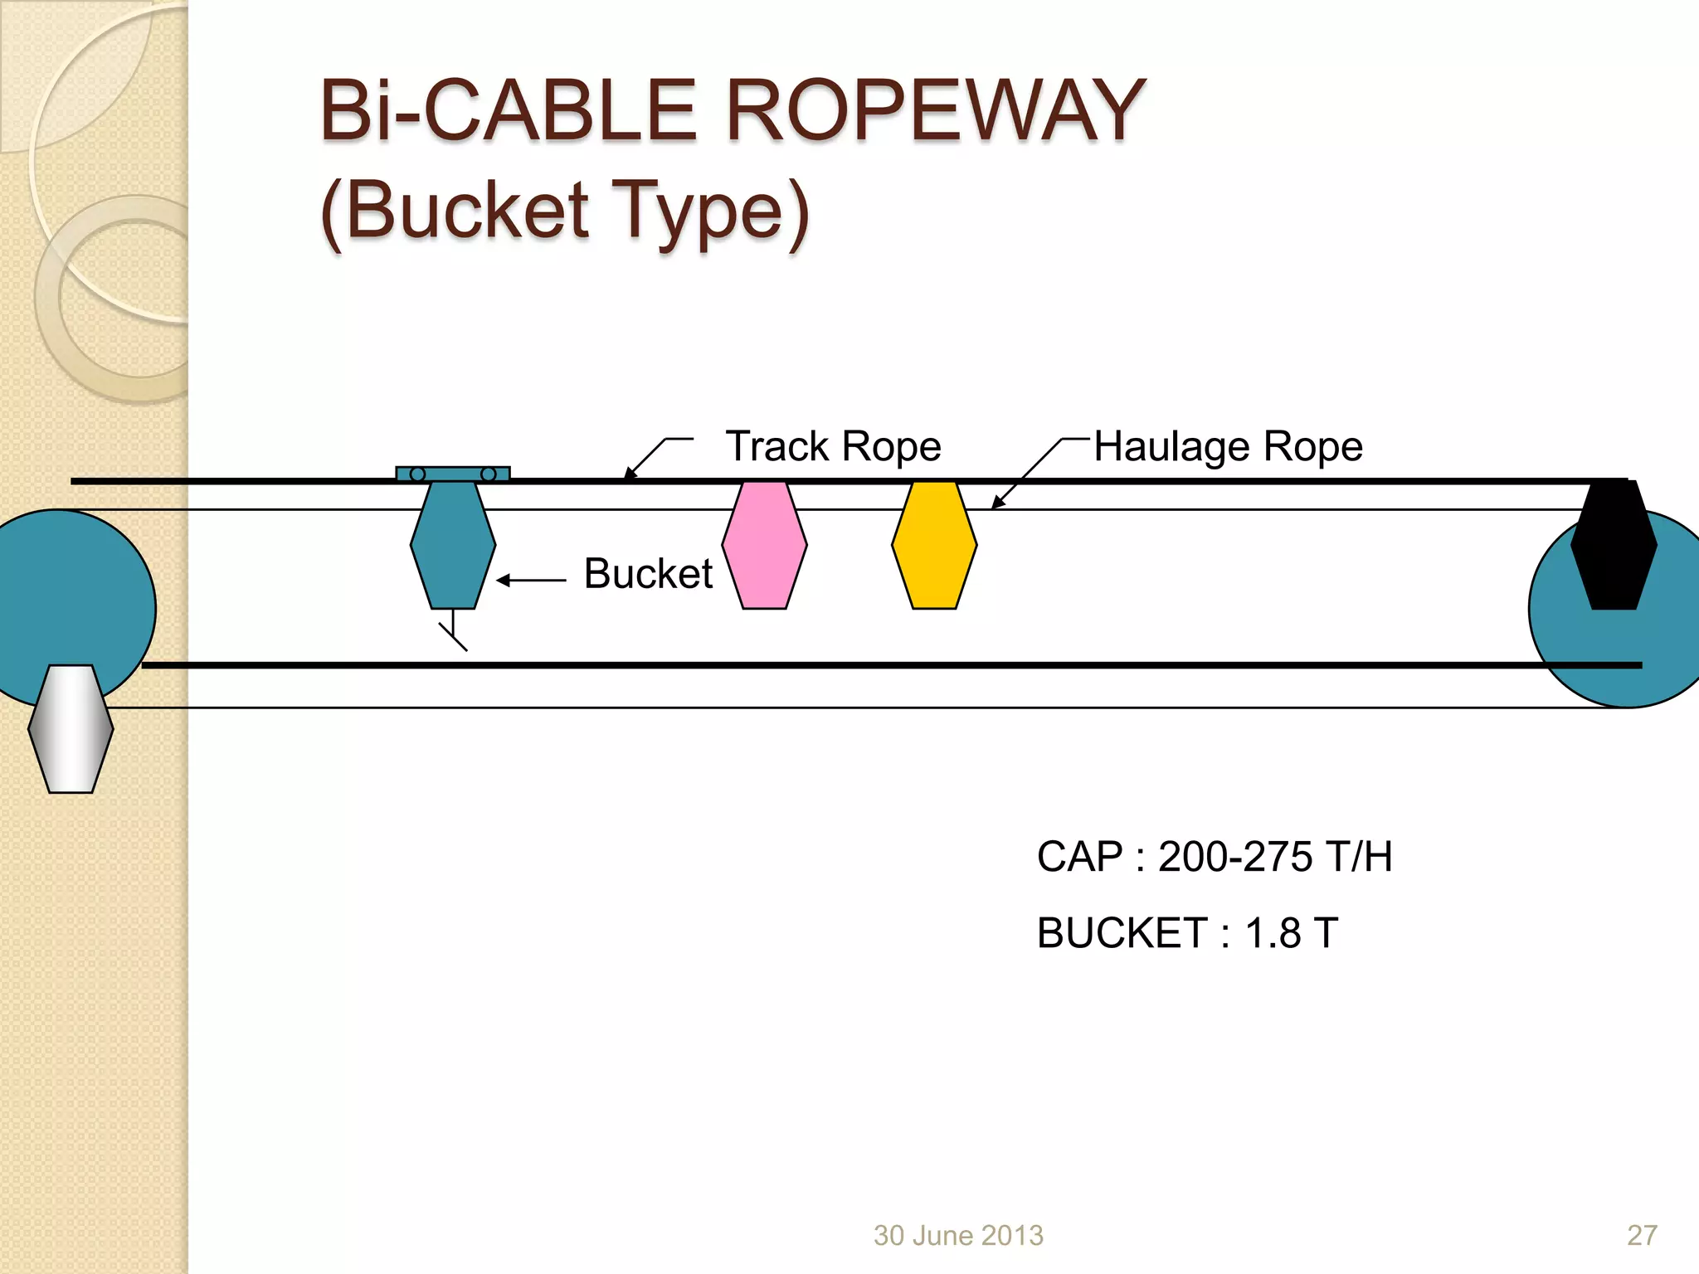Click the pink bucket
(x=764, y=545)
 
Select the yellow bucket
(x=934, y=545)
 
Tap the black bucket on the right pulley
(x=1614, y=545)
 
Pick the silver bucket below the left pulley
(x=71, y=728)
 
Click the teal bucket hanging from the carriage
(x=453, y=545)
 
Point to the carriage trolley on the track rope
(x=453, y=474)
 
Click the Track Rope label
(x=833, y=446)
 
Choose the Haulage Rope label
(x=1228, y=446)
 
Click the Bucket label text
(x=648, y=573)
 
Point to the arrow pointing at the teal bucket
(x=531, y=581)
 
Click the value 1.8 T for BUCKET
(x=1291, y=933)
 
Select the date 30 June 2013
(x=958, y=1235)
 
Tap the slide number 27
(x=1642, y=1235)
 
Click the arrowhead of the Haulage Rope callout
(x=997, y=503)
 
